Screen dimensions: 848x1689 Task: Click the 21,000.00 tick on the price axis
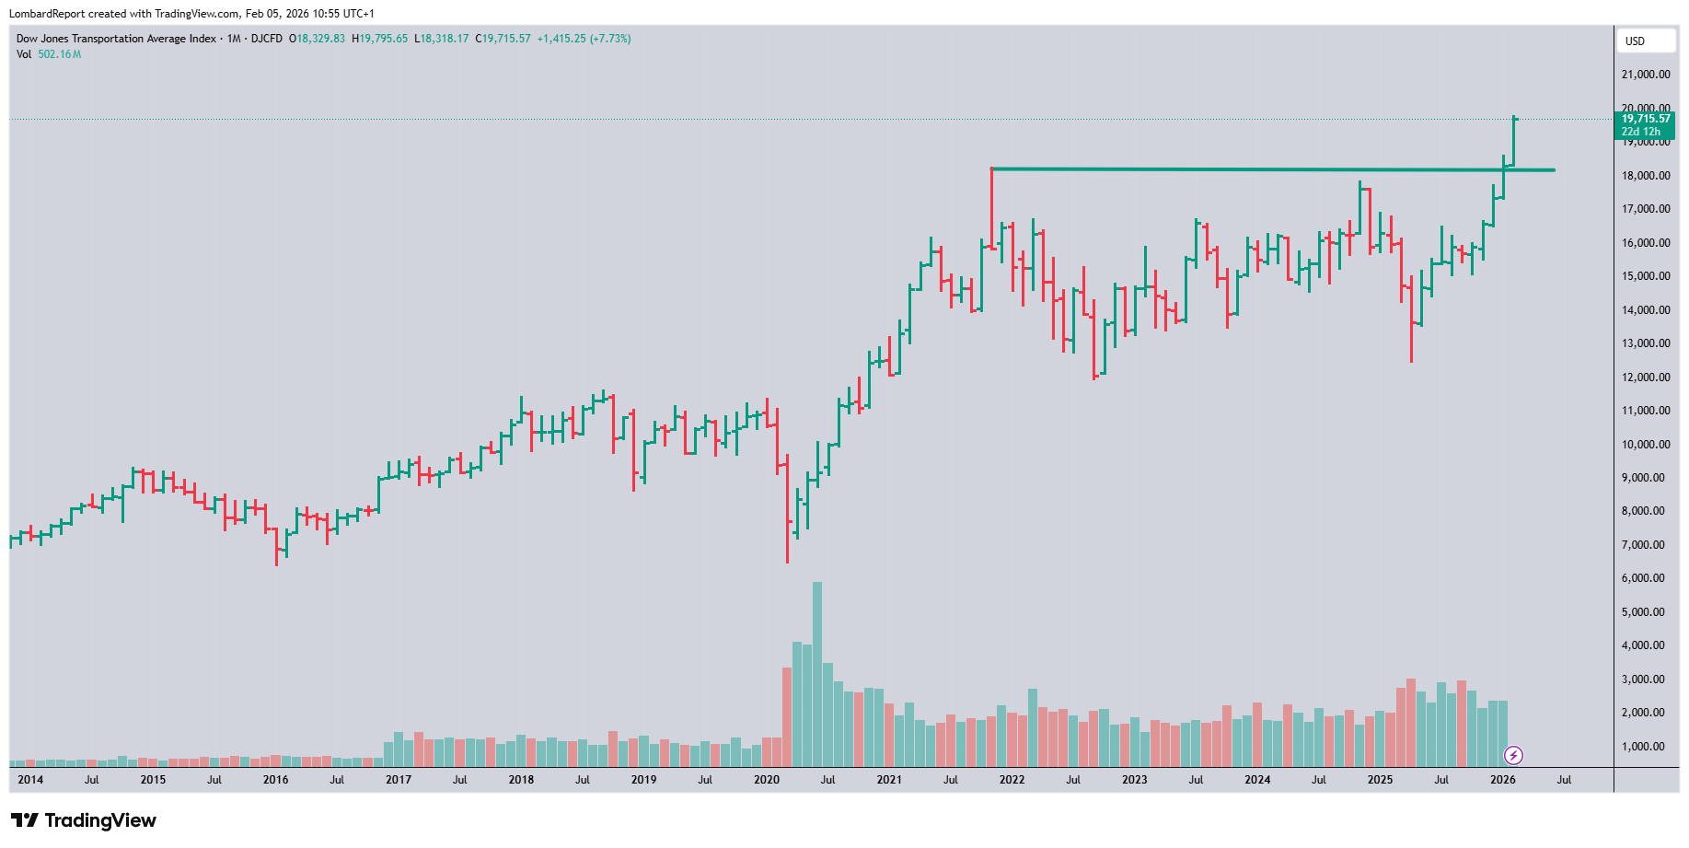point(1646,75)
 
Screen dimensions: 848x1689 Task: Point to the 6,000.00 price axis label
point(1643,578)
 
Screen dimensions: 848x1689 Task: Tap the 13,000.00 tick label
point(1646,343)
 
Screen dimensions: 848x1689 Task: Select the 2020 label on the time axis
point(766,780)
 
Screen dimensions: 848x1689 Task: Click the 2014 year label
point(30,780)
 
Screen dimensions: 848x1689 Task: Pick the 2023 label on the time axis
point(1134,780)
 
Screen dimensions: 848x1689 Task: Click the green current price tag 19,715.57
point(1646,119)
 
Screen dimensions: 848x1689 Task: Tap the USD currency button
point(1635,41)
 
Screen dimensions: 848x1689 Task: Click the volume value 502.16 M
point(60,54)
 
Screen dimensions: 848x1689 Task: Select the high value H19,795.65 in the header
point(379,39)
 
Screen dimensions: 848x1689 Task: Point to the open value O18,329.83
point(317,39)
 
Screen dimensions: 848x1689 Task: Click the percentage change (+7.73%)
point(610,39)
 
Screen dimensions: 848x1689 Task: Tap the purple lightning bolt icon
point(1513,756)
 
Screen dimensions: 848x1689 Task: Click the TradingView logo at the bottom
point(84,820)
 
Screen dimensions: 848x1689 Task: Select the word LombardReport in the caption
point(47,14)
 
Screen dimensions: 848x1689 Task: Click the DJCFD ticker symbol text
point(267,39)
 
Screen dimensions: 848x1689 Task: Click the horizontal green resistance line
point(1270,169)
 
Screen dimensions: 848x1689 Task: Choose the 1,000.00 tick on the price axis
point(1643,747)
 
